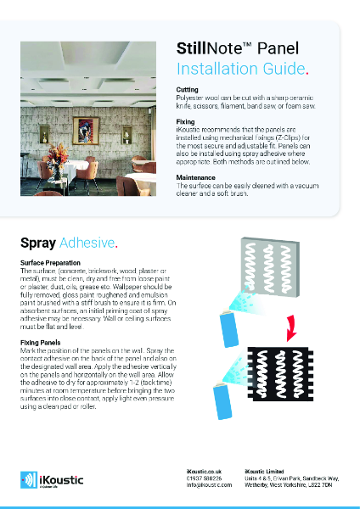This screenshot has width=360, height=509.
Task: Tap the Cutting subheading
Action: click(x=187, y=89)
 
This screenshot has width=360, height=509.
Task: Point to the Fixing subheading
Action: click(x=185, y=121)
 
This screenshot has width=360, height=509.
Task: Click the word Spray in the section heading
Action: click(x=37, y=243)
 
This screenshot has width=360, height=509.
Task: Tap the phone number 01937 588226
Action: click(x=204, y=478)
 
